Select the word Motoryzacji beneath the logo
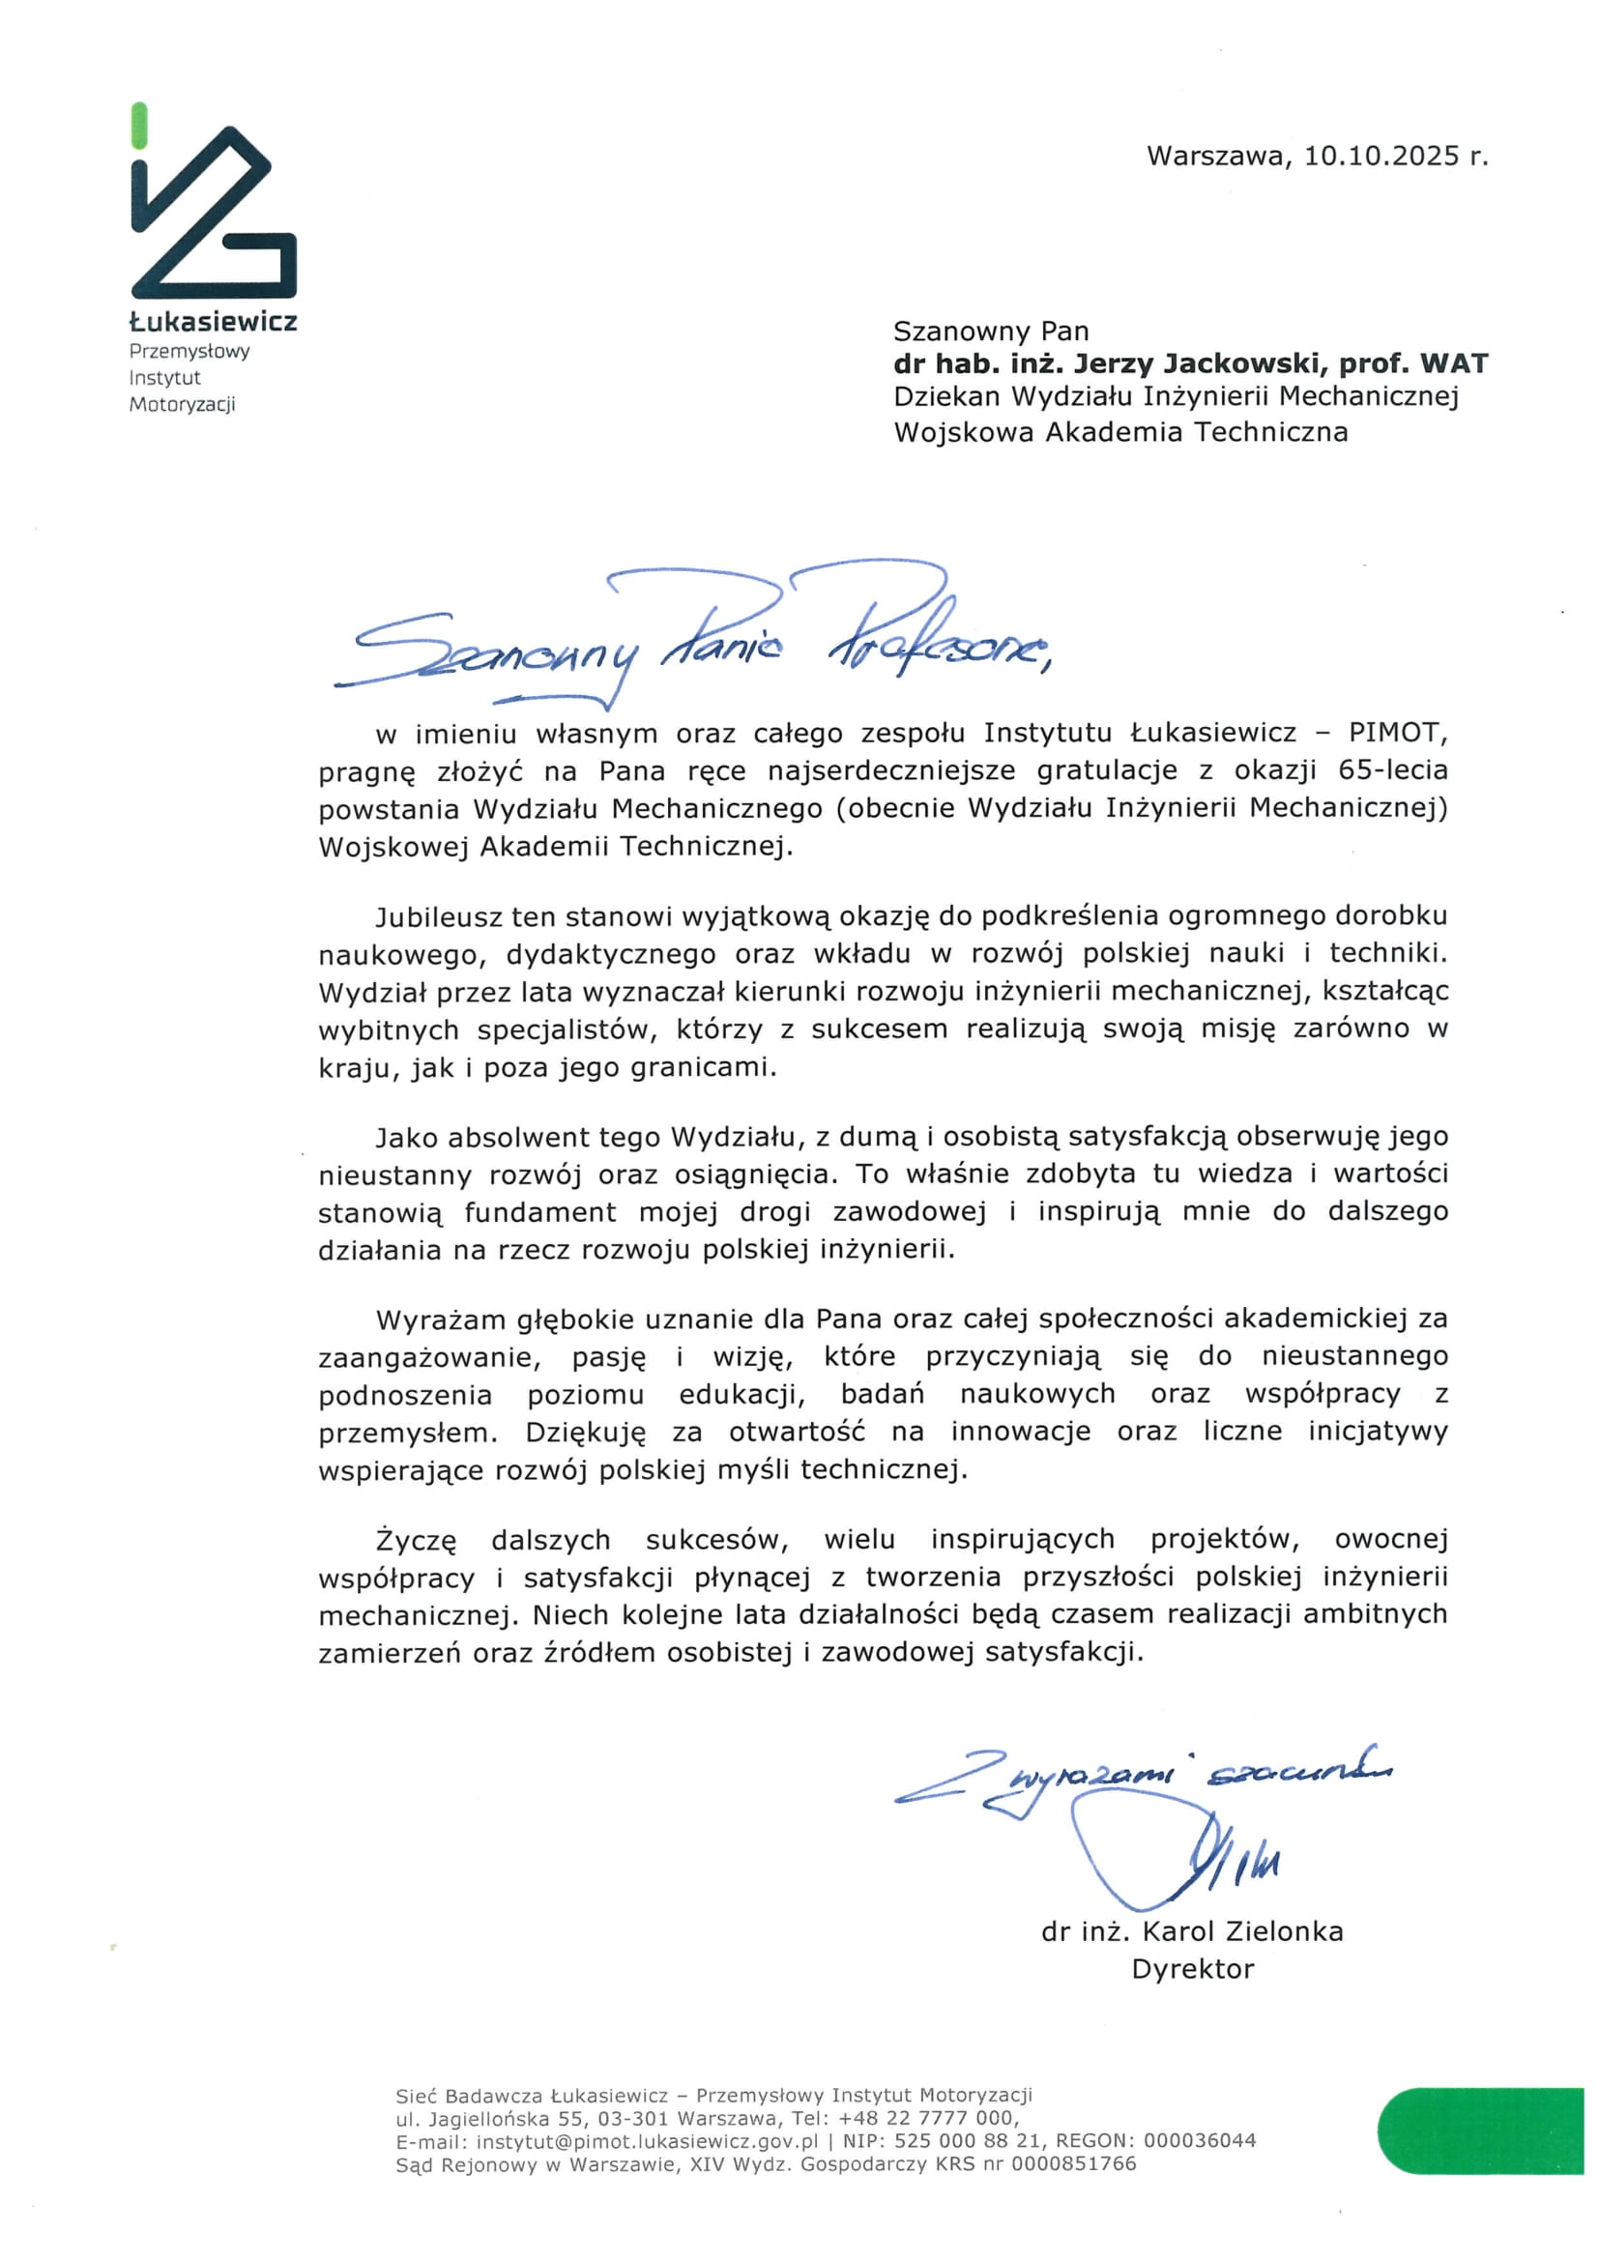pyautogui.click(x=182, y=405)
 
